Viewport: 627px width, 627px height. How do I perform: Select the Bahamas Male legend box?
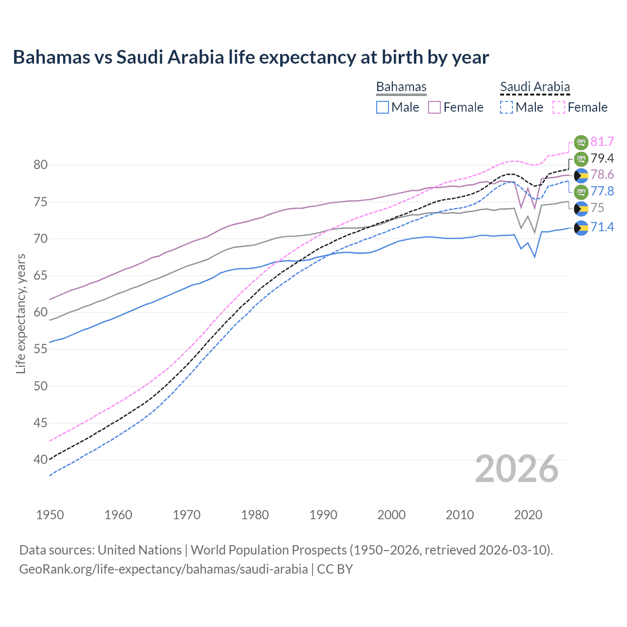(383, 107)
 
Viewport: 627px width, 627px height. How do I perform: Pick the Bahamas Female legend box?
(434, 107)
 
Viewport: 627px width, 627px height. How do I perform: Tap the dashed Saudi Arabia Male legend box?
(506, 107)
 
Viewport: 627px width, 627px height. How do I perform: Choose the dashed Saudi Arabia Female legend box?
(559, 107)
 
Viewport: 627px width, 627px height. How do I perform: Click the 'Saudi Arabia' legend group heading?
(535, 87)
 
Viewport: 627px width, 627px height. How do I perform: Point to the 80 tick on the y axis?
(41, 165)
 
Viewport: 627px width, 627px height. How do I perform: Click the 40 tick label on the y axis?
(41, 459)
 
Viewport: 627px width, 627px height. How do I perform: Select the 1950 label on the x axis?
(50, 515)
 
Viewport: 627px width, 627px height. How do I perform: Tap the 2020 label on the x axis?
(528, 515)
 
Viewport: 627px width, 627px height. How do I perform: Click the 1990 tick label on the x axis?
(323, 515)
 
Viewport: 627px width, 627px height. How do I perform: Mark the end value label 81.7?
(602, 142)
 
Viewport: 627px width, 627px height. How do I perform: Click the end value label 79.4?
(602, 158)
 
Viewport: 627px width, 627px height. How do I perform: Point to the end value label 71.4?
(602, 227)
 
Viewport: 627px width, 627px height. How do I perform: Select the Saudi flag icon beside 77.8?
(581, 192)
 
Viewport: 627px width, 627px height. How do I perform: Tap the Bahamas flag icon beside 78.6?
(581, 175)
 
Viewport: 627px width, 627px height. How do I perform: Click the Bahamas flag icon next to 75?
(581, 208)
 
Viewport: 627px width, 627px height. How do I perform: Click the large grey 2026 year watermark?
(516, 469)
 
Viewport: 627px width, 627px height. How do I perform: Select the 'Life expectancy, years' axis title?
(21, 313)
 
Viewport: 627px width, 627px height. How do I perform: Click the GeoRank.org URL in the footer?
(163, 569)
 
